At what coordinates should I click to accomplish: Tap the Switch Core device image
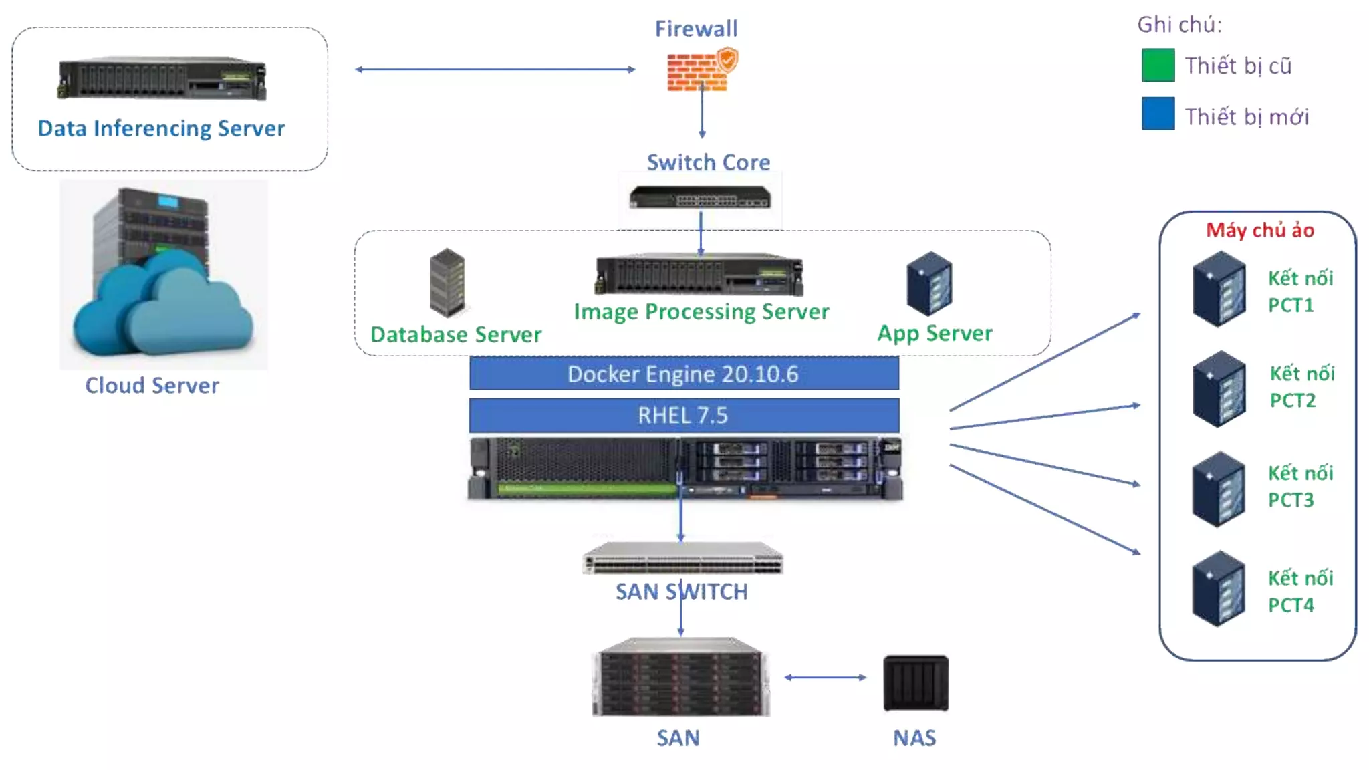(x=700, y=198)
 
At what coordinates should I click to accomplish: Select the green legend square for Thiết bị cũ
(x=1158, y=66)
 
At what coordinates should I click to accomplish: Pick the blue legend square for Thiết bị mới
(x=1158, y=114)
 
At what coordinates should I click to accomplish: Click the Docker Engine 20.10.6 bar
(x=684, y=374)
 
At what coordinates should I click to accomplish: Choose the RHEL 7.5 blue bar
(x=684, y=415)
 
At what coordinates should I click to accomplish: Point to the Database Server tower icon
(x=447, y=282)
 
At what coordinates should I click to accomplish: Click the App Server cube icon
(x=930, y=283)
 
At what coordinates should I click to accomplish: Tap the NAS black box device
(x=916, y=682)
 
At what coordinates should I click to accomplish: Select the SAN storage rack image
(x=680, y=677)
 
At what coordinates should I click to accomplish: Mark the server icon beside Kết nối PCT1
(x=1219, y=289)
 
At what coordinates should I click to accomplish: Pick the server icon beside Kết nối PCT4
(x=1219, y=589)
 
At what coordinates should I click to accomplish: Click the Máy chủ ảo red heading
(x=1260, y=230)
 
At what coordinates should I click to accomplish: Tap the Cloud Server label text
(x=152, y=386)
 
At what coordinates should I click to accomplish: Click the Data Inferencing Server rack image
(x=162, y=79)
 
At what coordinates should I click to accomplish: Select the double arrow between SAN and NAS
(x=825, y=678)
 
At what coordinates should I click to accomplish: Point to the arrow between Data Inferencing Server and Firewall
(x=495, y=69)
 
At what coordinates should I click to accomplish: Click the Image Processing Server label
(x=701, y=312)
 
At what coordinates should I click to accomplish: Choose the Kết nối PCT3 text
(x=1300, y=487)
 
